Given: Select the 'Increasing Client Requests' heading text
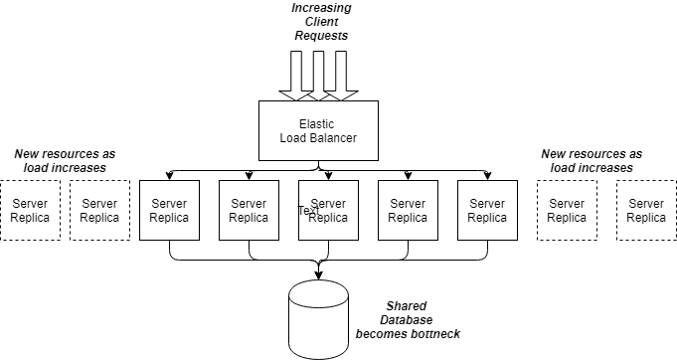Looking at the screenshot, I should (320, 22).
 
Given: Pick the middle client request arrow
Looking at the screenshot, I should (317, 75).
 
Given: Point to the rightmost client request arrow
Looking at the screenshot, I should (340, 75).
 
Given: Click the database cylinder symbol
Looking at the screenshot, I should (318, 315).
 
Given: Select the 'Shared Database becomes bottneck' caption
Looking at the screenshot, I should (409, 319).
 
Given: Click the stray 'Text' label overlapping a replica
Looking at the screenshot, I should (309, 210).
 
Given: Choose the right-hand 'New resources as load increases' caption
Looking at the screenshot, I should (592, 161).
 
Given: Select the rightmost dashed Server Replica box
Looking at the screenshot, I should (646, 210).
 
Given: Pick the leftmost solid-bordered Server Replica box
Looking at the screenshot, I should (169, 210).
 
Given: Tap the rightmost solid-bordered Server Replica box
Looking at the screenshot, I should (487, 210).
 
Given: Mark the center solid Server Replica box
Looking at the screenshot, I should (328, 210).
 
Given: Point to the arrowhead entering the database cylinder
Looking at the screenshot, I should (318, 275).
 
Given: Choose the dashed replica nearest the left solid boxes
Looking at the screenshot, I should (99, 210).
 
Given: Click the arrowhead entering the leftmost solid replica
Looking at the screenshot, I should (169, 176).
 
